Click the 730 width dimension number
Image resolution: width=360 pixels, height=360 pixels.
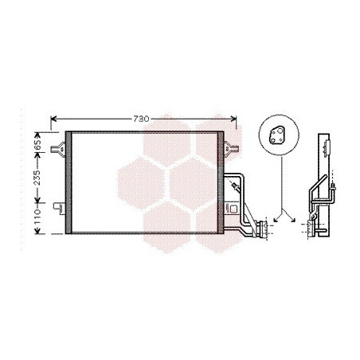[141, 119]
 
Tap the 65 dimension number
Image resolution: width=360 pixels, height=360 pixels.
[37, 145]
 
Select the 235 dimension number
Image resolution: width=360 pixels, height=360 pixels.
[37, 178]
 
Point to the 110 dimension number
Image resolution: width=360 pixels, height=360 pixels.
[37, 217]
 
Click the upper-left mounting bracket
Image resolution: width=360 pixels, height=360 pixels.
[58, 148]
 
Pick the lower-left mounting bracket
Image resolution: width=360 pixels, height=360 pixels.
[59, 207]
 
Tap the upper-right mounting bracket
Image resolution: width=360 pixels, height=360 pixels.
[230, 148]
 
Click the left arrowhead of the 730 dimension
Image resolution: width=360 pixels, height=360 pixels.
[53, 119]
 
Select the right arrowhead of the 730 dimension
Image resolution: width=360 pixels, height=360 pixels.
[233, 119]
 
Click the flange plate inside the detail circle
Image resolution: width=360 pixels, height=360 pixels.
[276, 135]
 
